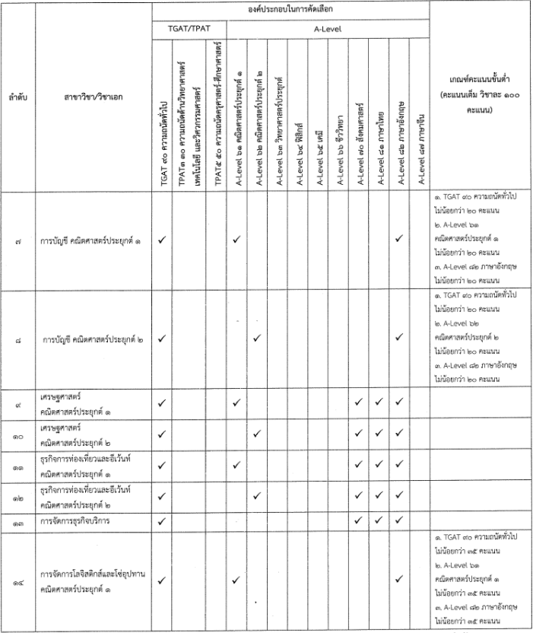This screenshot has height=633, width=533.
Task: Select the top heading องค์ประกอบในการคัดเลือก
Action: (290, 11)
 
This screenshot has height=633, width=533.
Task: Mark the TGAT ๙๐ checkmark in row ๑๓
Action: (162, 522)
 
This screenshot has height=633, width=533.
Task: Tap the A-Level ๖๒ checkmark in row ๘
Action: (258, 339)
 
